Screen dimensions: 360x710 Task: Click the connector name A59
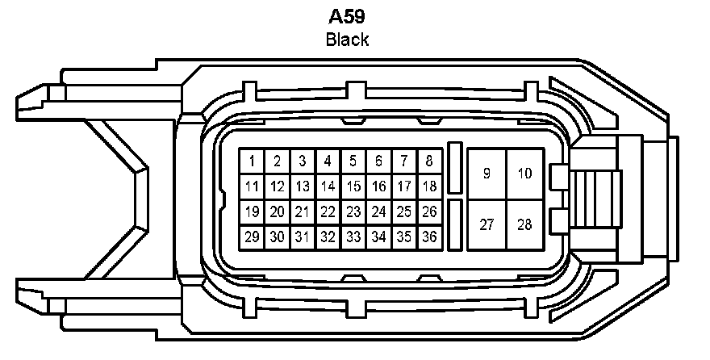pyautogui.click(x=347, y=17)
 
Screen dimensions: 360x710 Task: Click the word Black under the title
pyautogui.click(x=347, y=39)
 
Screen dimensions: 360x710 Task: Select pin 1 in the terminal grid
pyautogui.click(x=253, y=161)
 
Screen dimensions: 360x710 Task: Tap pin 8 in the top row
pyautogui.click(x=429, y=161)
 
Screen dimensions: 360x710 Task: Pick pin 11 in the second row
pyautogui.click(x=253, y=186)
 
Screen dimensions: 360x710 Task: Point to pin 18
pyautogui.click(x=429, y=186)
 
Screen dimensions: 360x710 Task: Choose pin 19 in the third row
pyautogui.click(x=253, y=211)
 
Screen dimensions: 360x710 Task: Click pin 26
pyautogui.click(x=429, y=211)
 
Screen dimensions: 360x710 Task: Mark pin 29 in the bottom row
pyautogui.click(x=253, y=237)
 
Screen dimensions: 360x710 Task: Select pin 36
pyautogui.click(x=429, y=237)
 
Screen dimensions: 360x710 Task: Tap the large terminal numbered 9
pyautogui.click(x=487, y=174)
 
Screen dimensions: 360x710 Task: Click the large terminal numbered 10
pyautogui.click(x=525, y=174)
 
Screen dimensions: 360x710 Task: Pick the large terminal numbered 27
pyautogui.click(x=487, y=224)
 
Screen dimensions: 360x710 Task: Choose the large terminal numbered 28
pyautogui.click(x=525, y=224)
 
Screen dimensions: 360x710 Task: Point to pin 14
pyautogui.click(x=328, y=186)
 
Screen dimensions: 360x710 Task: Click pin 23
pyautogui.click(x=353, y=211)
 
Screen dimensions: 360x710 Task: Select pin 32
pyautogui.click(x=328, y=237)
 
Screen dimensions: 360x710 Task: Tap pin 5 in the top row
pyautogui.click(x=353, y=161)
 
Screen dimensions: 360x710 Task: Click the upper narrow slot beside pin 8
pyautogui.click(x=455, y=167)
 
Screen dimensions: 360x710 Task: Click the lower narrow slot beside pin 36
pyautogui.click(x=455, y=224)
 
